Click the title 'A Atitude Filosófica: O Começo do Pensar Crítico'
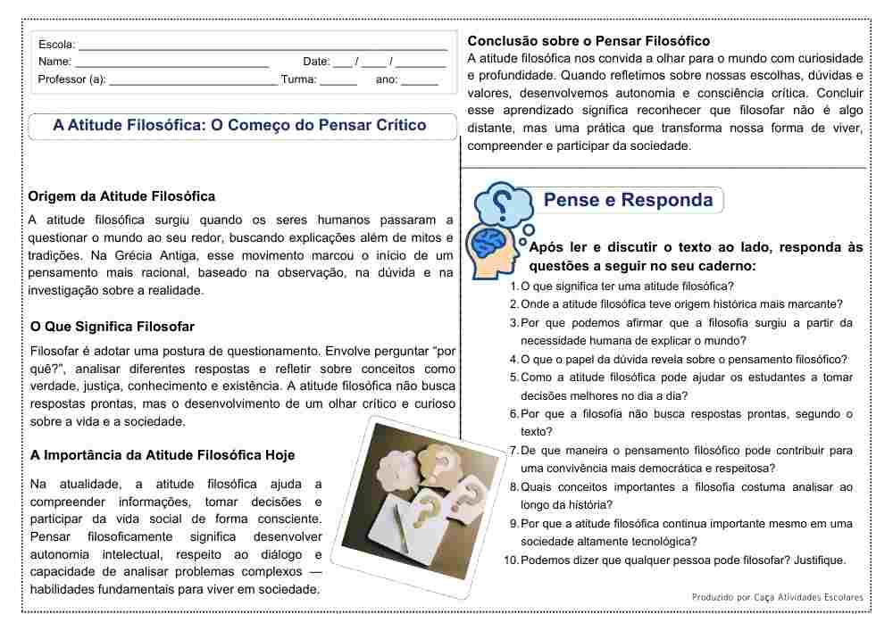(239, 126)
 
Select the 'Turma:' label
(298, 79)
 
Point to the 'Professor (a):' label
(71, 79)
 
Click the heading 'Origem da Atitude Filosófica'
(121, 196)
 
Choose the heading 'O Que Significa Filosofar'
(113, 327)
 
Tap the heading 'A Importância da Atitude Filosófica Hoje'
(163, 455)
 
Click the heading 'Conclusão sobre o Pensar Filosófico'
(588, 41)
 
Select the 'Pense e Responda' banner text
(629, 200)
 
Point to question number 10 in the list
(511, 560)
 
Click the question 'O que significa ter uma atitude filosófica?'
(627, 286)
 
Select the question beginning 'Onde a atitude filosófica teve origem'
(681, 304)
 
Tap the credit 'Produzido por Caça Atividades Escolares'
(777, 596)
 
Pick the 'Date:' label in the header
(316, 62)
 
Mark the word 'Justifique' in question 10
(815, 560)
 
